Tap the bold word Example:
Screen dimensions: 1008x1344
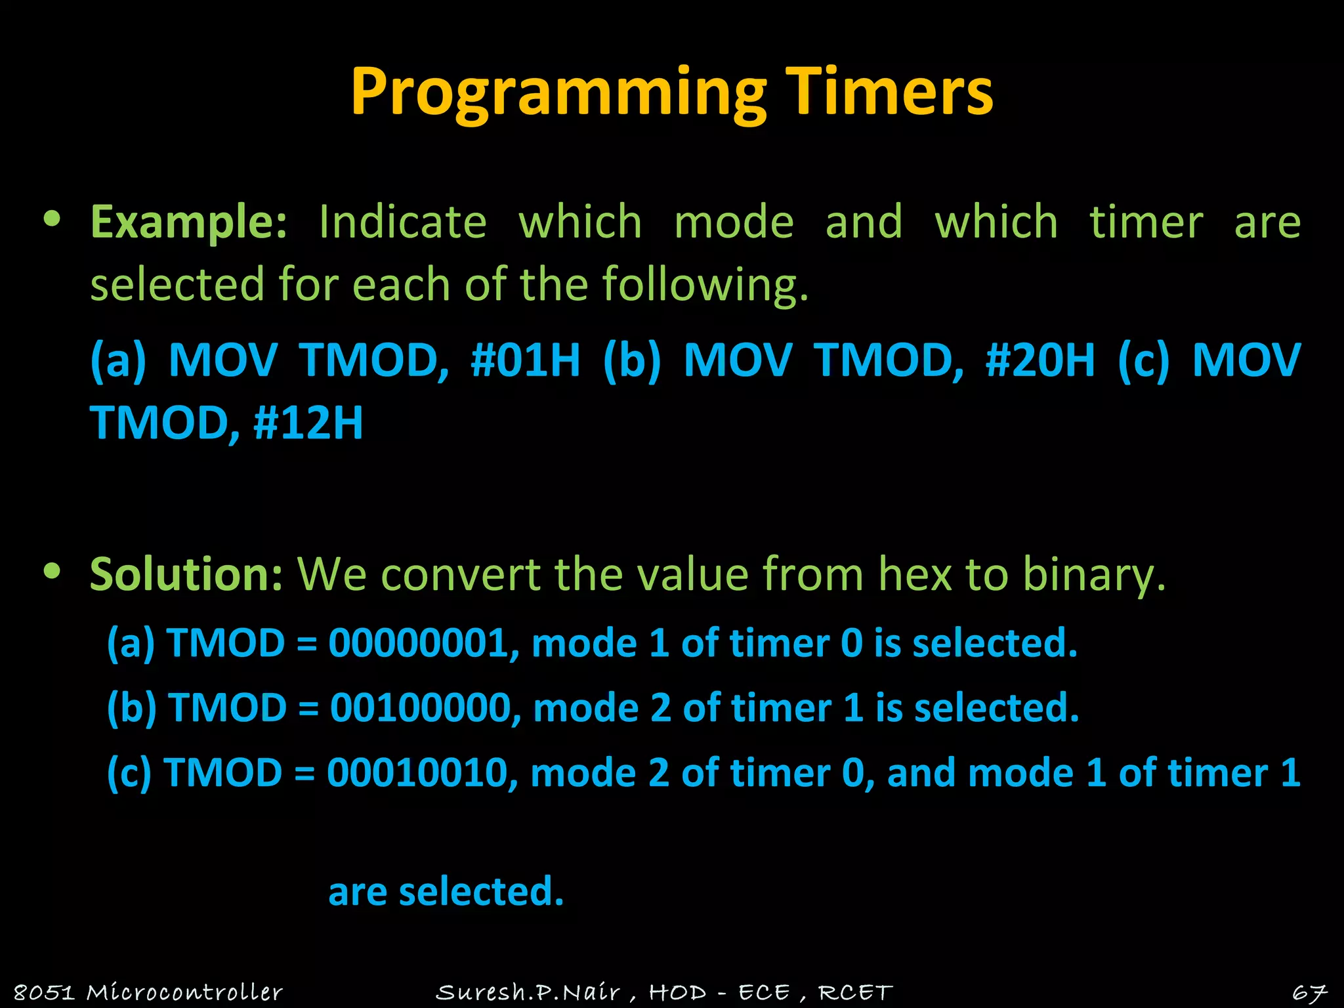click(x=188, y=222)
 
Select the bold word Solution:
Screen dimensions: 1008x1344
click(x=186, y=574)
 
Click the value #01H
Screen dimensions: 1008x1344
click(x=526, y=360)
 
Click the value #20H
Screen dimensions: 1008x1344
click(x=1040, y=360)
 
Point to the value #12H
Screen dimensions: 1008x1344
click(x=307, y=423)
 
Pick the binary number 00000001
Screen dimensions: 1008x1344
click(x=419, y=642)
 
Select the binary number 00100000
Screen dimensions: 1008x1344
click(x=420, y=708)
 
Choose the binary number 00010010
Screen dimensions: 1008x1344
click(x=417, y=773)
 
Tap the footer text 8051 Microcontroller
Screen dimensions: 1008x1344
click(x=148, y=992)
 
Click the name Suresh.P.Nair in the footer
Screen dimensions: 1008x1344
click(x=528, y=992)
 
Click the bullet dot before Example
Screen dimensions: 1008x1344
click(x=52, y=219)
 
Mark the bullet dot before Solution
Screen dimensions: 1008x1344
click(x=52, y=571)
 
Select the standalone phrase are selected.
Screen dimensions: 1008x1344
click(x=446, y=892)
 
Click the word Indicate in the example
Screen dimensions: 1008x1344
click(x=402, y=222)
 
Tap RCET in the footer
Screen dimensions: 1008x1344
click(x=855, y=992)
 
